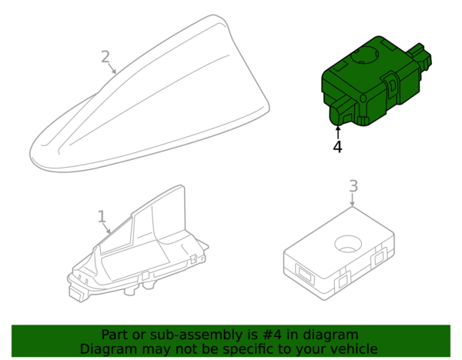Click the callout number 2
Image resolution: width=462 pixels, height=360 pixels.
(x=105, y=57)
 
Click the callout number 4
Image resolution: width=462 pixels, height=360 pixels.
(x=338, y=147)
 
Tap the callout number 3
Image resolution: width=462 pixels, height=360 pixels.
(x=353, y=186)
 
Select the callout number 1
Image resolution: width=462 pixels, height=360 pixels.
(x=102, y=216)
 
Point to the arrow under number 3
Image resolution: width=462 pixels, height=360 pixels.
(x=353, y=200)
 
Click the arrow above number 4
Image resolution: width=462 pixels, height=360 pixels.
(x=338, y=132)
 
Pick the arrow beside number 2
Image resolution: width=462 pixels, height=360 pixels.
(x=112, y=68)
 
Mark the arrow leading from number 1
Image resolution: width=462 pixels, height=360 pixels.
(x=107, y=228)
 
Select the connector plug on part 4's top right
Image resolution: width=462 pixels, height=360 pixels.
(x=420, y=57)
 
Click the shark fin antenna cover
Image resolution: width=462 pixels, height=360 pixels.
(x=149, y=93)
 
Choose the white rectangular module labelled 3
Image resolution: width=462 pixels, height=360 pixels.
(x=339, y=253)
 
